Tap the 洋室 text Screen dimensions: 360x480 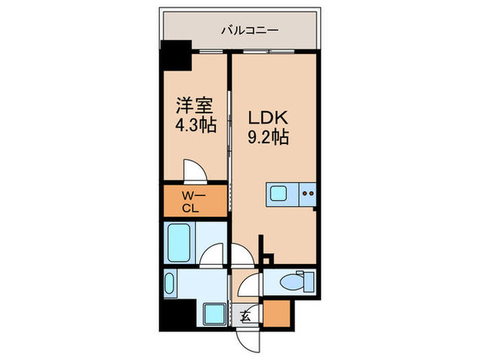[x=194, y=106]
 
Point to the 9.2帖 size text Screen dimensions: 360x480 [x=267, y=136]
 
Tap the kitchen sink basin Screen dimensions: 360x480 [x=280, y=193]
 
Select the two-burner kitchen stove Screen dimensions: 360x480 [x=308, y=193]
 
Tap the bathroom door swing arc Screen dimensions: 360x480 [x=214, y=255]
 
